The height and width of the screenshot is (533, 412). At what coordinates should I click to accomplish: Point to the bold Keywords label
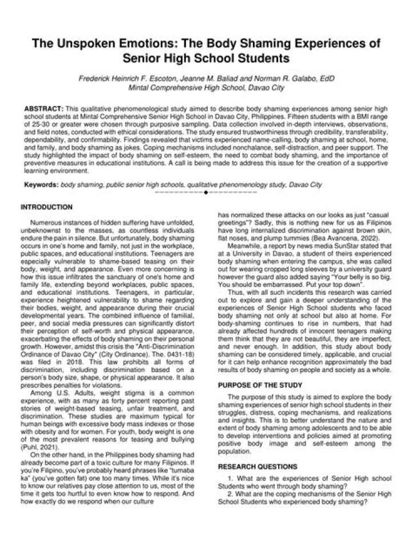pos(41,185)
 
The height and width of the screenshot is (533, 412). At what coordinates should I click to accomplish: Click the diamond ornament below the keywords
pos(205,193)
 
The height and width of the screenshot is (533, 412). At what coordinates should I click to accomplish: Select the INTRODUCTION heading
pos(46,207)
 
